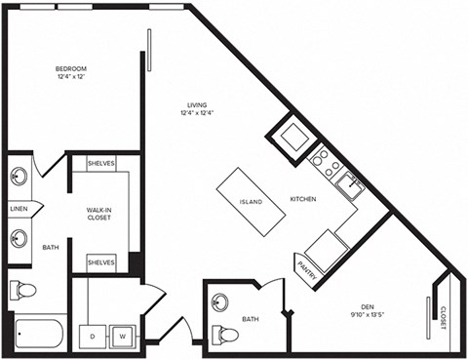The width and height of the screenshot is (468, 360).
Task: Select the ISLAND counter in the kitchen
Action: coord(251,202)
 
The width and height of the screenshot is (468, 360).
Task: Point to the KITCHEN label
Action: coord(303,199)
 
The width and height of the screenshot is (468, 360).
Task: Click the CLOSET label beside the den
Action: coord(443,317)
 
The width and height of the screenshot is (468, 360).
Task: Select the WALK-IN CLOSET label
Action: coord(98,213)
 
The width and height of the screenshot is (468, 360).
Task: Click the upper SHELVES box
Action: coord(101,164)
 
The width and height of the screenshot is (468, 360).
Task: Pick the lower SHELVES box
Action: coord(101,262)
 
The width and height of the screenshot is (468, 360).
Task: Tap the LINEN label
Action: coord(19,209)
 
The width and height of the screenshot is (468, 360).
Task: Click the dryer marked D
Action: coord(93,336)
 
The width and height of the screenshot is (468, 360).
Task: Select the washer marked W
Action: coord(123,336)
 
